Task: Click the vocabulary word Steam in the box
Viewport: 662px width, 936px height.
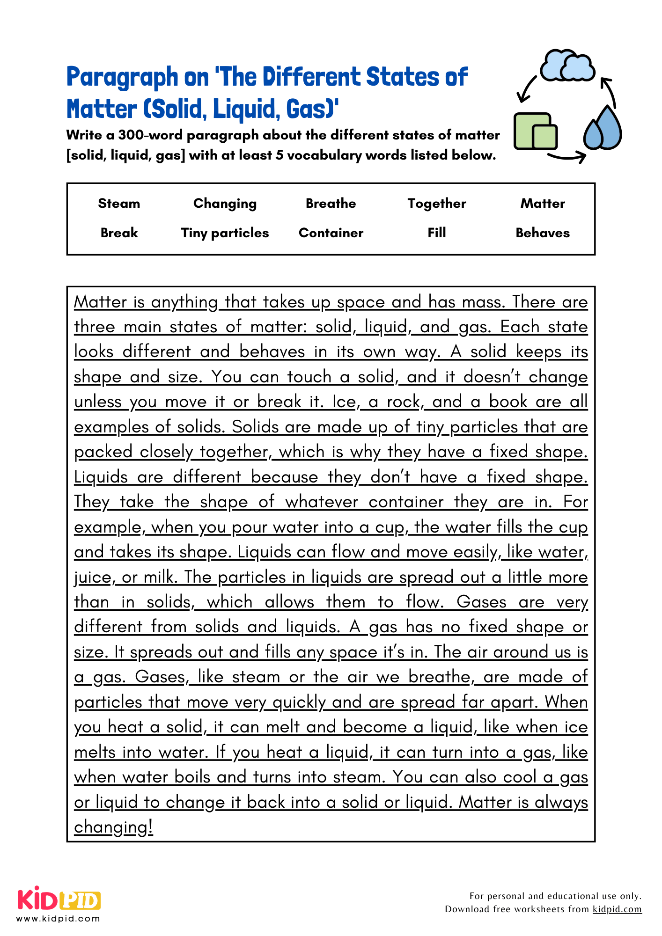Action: pos(119,203)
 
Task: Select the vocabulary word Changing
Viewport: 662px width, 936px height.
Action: pos(225,204)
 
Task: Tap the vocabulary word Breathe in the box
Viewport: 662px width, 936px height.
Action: pos(331,203)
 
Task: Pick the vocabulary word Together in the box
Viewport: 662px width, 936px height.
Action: pos(436,203)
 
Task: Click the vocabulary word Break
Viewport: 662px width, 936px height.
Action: pos(119,233)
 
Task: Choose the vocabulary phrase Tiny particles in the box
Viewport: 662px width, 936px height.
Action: pos(225,233)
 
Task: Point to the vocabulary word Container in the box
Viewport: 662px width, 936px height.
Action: pos(331,233)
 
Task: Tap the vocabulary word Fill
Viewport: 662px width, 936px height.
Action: pos(436,233)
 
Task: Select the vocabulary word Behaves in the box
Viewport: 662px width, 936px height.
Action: pos(542,233)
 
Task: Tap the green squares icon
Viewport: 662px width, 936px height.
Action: pos(536,132)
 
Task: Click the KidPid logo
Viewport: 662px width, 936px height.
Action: pos(59,900)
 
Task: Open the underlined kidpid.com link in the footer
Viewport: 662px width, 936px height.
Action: pos(617,909)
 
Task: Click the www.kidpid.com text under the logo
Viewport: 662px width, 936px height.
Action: pos(59,919)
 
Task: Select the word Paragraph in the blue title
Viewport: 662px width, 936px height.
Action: pos(122,77)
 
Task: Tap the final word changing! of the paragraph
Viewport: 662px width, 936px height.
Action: pos(113,827)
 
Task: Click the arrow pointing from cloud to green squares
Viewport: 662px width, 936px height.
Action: pos(527,89)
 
